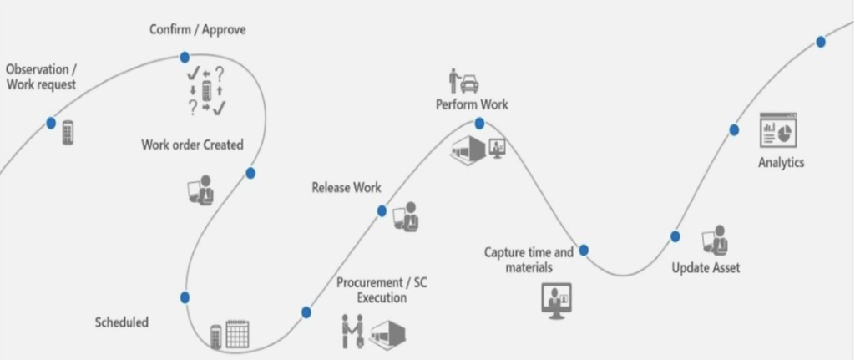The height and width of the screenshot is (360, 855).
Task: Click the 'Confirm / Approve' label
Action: [x=197, y=30]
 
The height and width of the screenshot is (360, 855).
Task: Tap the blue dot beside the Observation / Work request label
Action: [x=52, y=123]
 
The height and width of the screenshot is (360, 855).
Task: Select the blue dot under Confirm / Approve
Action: [x=185, y=57]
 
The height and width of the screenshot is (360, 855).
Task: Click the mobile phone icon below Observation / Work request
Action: [x=68, y=133]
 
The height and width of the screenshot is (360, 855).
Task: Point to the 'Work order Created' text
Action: [x=192, y=145]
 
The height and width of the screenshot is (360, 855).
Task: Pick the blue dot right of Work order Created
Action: [x=250, y=173]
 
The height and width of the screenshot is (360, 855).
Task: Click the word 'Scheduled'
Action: [x=122, y=322]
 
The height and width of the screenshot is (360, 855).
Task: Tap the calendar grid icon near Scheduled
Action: [x=238, y=333]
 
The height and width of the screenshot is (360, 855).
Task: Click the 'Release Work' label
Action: [x=347, y=188]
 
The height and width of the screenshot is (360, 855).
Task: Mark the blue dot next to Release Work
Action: [x=382, y=211]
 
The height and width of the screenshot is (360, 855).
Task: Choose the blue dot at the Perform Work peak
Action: [x=479, y=124]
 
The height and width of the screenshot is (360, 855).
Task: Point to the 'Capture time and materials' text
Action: [x=529, y=260]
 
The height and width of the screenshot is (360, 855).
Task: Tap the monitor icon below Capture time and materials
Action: [x=558, y=301]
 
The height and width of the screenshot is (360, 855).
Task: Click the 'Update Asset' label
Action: [x=706, y=268]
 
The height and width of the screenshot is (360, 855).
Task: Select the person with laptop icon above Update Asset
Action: [x=715, y=241]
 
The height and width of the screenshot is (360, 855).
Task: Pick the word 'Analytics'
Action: [x=781, y=162]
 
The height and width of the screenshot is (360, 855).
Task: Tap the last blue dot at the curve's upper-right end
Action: [x=821, y=42]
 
